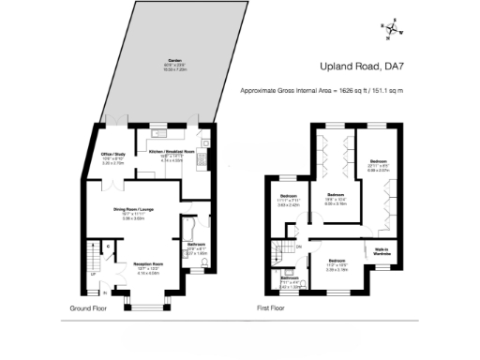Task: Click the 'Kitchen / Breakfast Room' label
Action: (171, 150)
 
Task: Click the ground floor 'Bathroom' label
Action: (196, 245)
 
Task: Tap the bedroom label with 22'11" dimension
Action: (377, 162)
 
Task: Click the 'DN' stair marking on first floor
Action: (298, 246)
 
